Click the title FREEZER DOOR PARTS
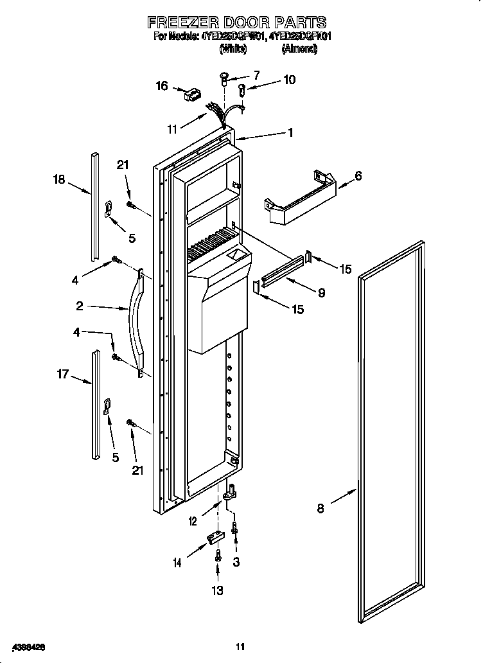[236, 22]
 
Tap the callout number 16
[161, 85]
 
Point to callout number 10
[289, 80]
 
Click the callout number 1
[290, 132]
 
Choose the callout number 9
[321, 292]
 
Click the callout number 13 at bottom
[218, 590]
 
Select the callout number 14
[177, 563]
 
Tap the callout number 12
[193, 522]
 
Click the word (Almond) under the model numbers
[299, 49]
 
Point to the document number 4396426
[26, 645]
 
